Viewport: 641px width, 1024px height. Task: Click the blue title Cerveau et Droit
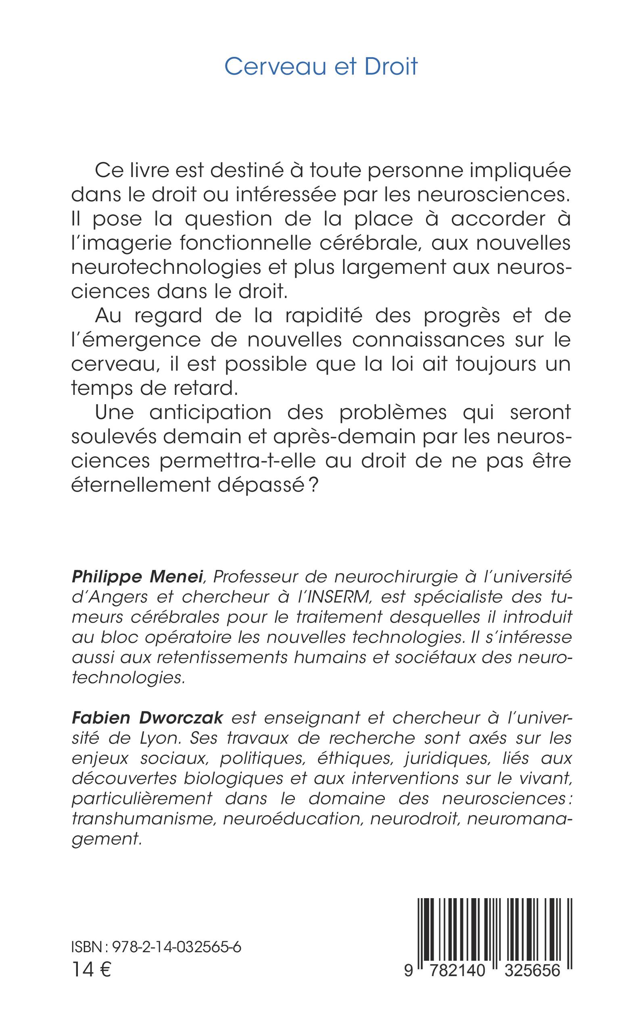[321, 67]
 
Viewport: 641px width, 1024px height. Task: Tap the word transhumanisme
[144, 818]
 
